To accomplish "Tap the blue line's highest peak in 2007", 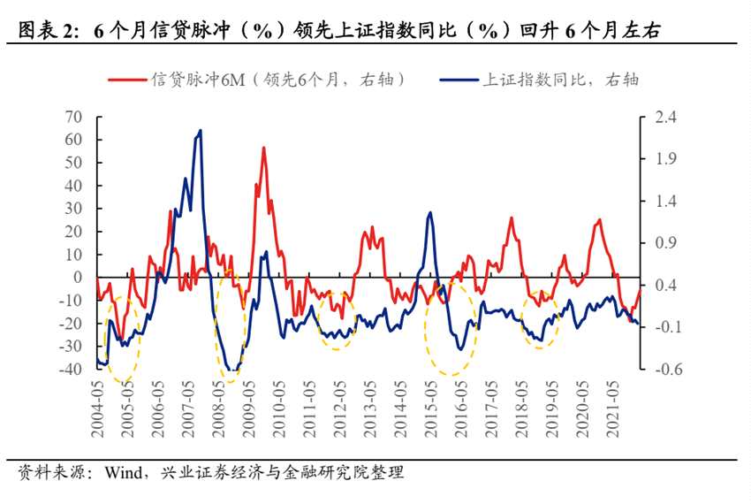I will (200, 130).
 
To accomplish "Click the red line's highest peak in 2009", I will (263, 148).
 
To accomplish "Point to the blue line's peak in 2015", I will (430, 212).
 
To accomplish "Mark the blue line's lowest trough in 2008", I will (231, 370).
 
